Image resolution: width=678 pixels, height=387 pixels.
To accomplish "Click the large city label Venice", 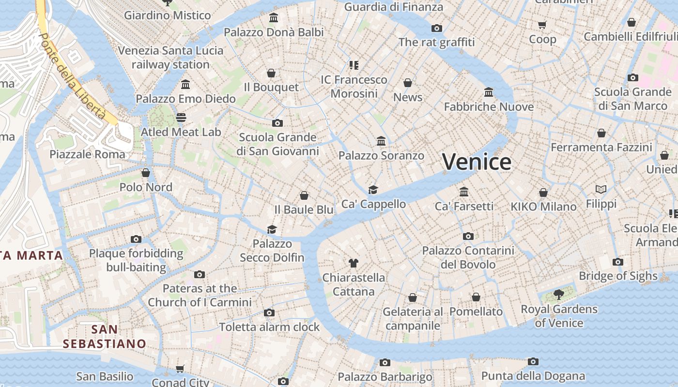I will pos(477,162).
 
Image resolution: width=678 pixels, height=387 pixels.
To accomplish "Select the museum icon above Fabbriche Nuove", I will pos(489,92).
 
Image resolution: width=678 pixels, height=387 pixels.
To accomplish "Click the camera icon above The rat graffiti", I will pos(437,28).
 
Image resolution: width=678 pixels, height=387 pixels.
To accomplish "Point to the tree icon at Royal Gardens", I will pos(559,294).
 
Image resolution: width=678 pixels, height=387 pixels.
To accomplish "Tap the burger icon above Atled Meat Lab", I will pos(181,118).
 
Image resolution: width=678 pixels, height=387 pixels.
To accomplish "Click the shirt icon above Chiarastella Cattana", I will pos(354,263).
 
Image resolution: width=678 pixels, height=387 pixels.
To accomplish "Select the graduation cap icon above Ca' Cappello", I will pos(373,189).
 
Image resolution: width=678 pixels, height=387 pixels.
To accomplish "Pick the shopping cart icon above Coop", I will pos(542,25).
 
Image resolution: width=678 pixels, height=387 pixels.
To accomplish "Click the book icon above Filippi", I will pos(601,189).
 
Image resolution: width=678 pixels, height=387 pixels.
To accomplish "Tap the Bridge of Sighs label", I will pos(618,276).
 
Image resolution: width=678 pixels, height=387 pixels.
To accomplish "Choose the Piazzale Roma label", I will pos(87,154).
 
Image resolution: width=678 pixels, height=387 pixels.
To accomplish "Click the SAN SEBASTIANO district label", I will pos(105,337).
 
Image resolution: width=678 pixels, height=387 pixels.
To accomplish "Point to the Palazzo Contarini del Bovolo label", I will pos(468,257).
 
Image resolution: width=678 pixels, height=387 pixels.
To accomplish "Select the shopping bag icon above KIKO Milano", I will pos(543,193).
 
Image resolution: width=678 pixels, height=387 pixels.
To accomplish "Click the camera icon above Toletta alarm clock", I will pos(269,313).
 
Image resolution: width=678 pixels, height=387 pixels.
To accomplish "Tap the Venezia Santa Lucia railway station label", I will pos(170,57).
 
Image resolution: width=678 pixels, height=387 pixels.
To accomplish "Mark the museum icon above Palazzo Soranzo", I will pos(381,141).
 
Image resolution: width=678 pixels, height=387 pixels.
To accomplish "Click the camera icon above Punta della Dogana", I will pos(533,361).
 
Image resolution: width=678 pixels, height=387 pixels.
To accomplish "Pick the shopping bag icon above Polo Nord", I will pos(146,173).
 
